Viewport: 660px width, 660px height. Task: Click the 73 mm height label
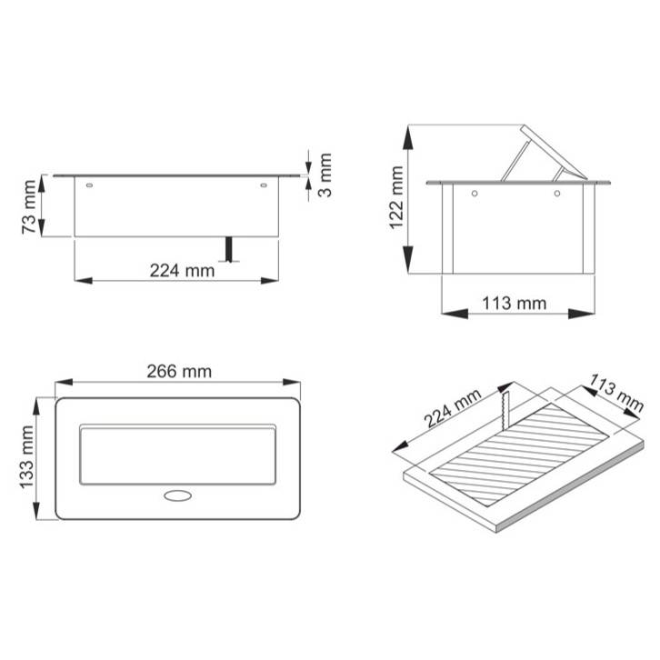(x=31, y=208)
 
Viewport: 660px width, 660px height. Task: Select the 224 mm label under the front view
(x=183, y=270)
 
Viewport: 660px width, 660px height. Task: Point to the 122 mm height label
(x=395, y=197)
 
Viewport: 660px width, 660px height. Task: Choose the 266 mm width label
(x=178, y=371)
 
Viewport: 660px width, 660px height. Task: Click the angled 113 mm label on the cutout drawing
(x=616, y=392)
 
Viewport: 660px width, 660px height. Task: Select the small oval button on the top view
(x=178, y=496)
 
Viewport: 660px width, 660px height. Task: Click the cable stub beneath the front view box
(x=230, y=249)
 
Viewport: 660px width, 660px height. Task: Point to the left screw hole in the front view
(x=90, y=186)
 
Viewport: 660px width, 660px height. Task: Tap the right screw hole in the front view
(x=264, y=186)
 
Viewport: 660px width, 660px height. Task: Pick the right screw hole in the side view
(x=556, y=195)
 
